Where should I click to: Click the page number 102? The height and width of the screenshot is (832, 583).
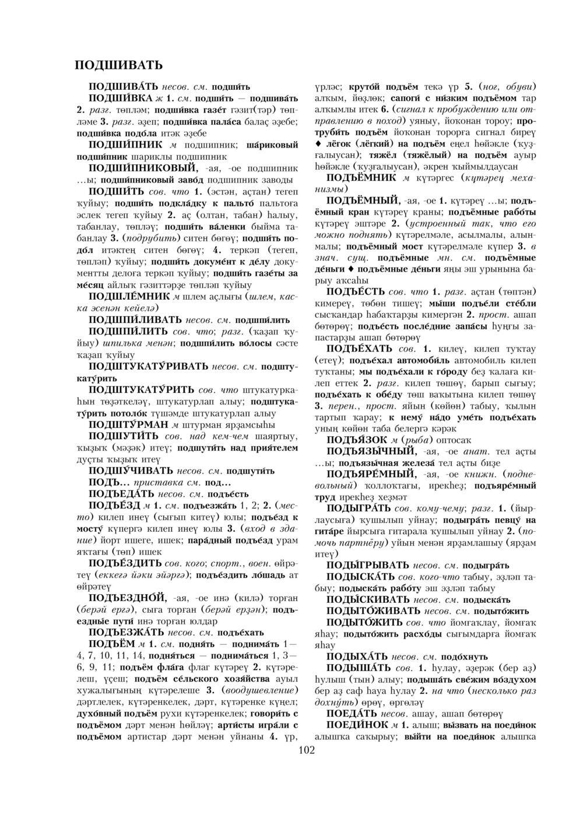click(306, 749)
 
